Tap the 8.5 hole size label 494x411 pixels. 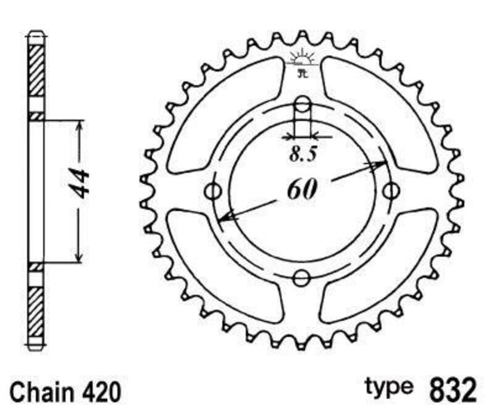(303, 154)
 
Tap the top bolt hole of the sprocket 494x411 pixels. (302, 104)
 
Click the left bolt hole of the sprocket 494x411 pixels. (214, 190)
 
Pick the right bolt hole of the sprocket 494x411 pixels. (390, 191)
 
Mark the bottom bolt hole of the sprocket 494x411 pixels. (301, 278)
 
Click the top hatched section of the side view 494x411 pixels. (36, 71)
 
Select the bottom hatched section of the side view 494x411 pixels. (36, 309)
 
